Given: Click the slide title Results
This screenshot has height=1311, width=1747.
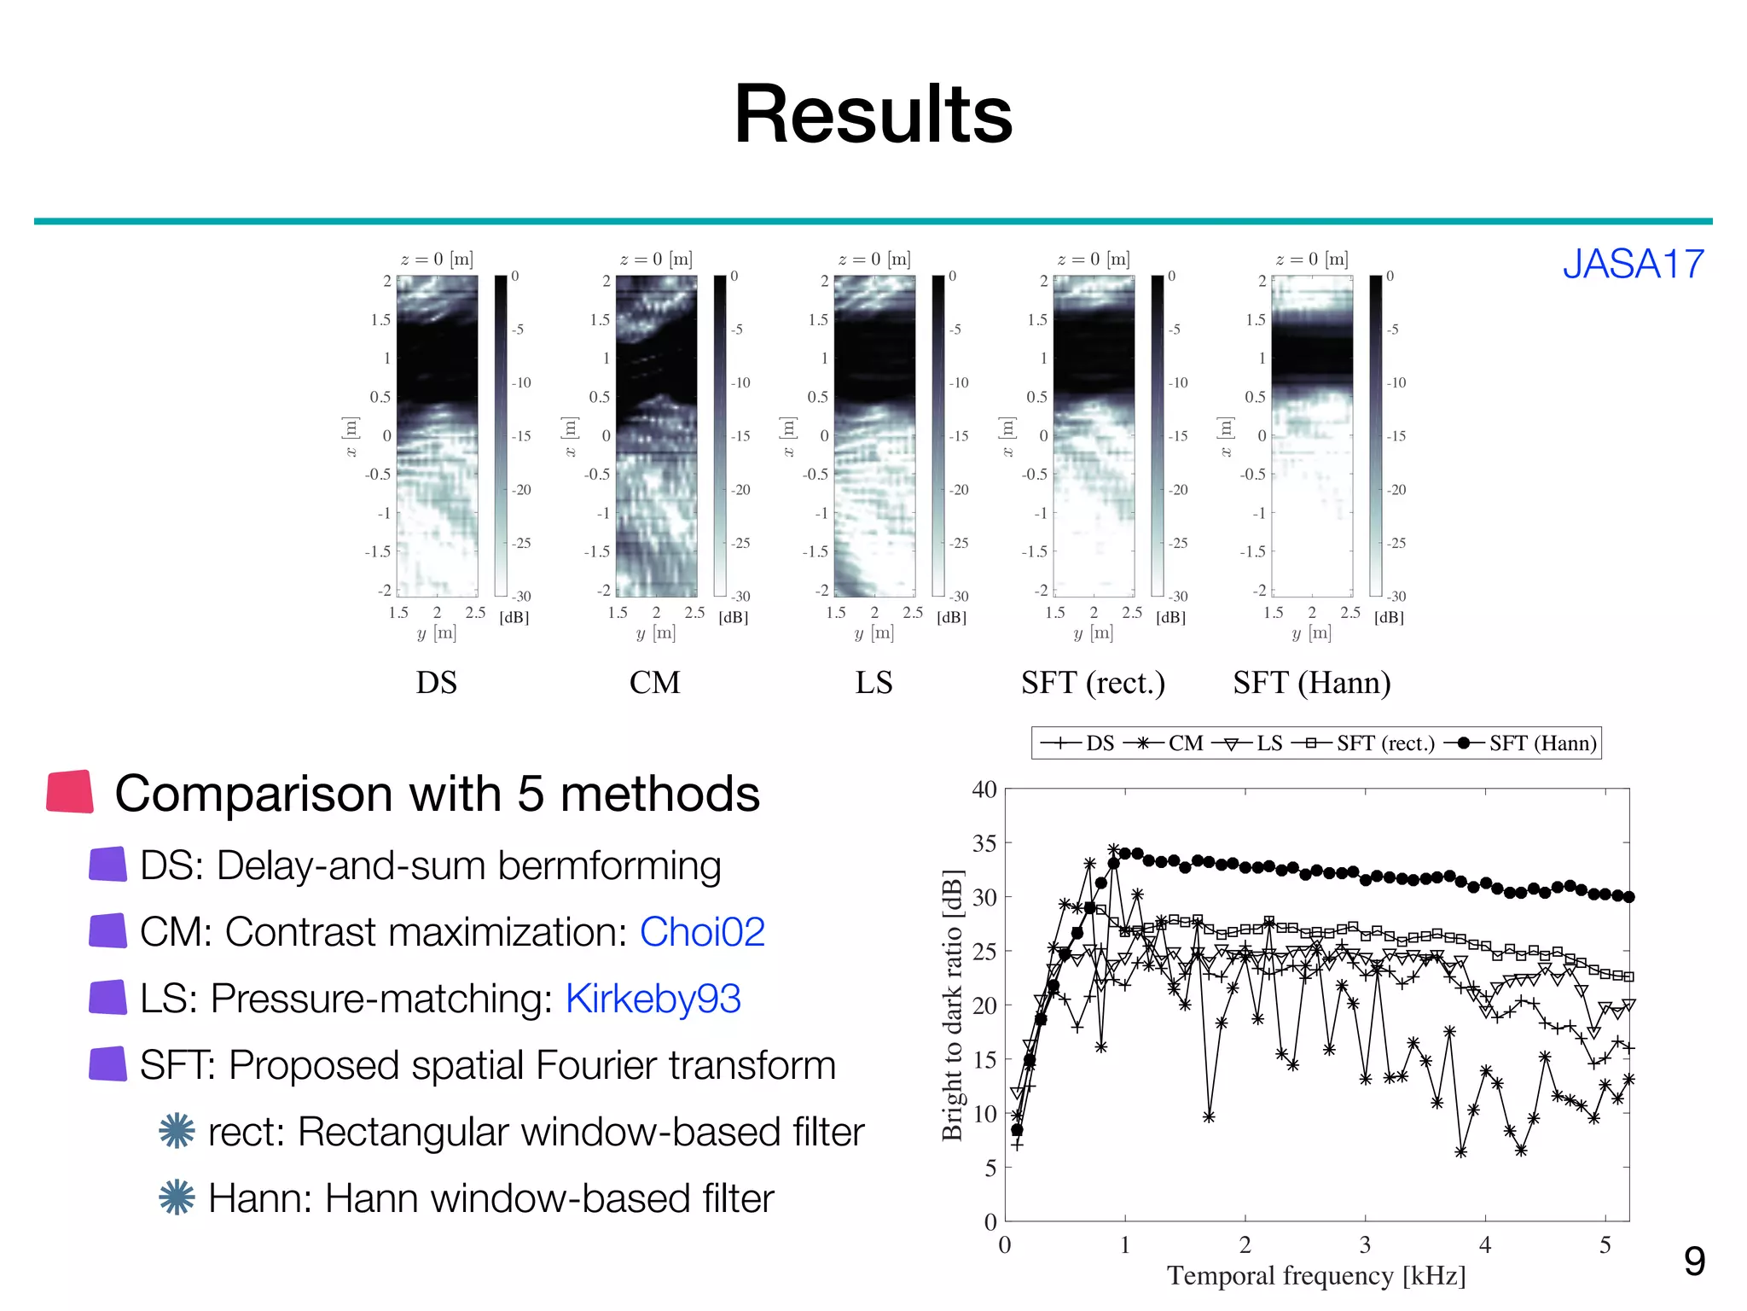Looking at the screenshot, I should point(873,114).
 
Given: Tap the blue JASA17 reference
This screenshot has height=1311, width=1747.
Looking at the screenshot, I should point(1633,264).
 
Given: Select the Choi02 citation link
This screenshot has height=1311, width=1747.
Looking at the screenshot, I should point(702,931).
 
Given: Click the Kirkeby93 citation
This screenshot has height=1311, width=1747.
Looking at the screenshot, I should point(653,998).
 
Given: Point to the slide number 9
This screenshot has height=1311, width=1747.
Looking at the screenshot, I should point(1694,1261).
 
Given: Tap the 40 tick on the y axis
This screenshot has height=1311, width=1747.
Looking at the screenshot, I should point(984,790).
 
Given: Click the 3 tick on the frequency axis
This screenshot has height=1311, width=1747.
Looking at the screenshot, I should point(1365,1245).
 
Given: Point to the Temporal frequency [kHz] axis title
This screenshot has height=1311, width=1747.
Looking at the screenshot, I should point(1316,1275).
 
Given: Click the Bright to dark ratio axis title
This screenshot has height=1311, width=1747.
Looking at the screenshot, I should point(952,1005).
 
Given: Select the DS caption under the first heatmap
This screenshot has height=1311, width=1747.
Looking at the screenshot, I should point(436,683).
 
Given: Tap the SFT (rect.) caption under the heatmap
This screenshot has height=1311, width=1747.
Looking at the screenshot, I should point(1093,683).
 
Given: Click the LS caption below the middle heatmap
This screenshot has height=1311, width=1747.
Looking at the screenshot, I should point(873,683).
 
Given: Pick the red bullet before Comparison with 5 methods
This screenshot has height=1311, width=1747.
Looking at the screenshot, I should point(70,791).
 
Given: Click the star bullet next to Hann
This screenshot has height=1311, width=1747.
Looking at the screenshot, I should point(177,1197).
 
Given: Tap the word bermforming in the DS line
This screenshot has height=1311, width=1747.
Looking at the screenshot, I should point(609,865).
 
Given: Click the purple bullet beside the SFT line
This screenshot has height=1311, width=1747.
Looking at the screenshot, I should point(108,1064).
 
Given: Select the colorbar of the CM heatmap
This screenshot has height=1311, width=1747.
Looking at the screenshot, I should point(720,435).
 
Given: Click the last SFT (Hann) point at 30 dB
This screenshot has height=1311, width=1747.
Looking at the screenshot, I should point(1628,897).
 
